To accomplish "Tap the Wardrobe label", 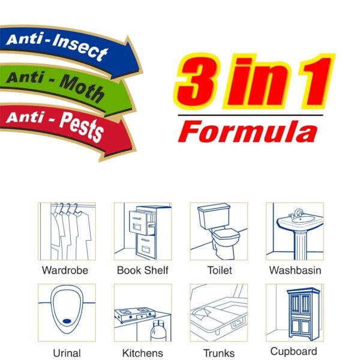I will click(65, 270).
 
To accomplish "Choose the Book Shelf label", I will click(143, 270).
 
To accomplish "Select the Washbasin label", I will click(295, 270).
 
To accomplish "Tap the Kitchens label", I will click(143, 352).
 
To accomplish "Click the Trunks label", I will click(218, 352).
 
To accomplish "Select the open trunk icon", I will click(218, 313).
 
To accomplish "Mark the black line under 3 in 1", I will click(250, 115).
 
